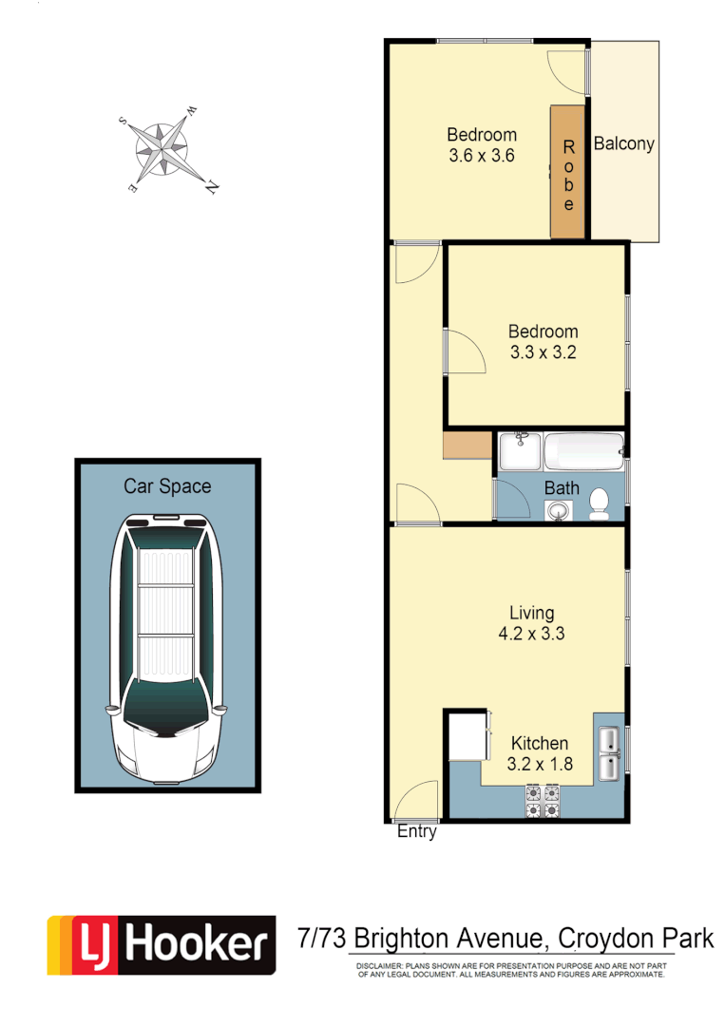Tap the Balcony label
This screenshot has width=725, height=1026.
pos(623,144)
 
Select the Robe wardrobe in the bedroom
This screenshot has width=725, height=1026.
pos(568,172)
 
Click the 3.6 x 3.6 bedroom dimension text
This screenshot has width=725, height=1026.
pos(482,156)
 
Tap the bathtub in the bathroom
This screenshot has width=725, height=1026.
pos(583,451)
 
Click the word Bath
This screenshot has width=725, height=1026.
pos(562,488)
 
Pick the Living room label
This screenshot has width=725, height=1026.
pos(531,613)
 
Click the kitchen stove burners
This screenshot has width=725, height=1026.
pos(542,801)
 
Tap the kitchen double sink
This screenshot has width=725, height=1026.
pos(609,751)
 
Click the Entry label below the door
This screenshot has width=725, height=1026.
pos(416,832)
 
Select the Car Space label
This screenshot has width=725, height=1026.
pos(167,486)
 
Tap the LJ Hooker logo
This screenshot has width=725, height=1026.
pos(162,945)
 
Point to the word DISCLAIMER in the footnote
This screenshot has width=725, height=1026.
pos(381,965)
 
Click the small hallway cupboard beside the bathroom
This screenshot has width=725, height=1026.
pos(466,446)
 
